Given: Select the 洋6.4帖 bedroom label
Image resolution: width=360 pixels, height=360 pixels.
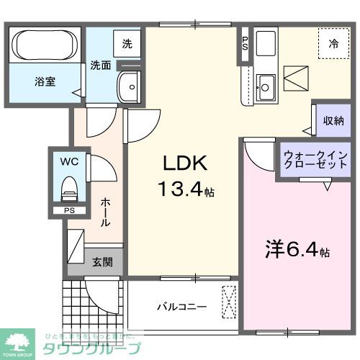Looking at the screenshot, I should tap(294, 251).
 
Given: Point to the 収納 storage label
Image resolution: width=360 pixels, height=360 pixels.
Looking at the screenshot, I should tap(332, 120).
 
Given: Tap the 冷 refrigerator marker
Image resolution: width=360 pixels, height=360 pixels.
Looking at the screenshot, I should tap(333, 44).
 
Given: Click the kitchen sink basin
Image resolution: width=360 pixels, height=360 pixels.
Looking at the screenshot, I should tap(264, 86).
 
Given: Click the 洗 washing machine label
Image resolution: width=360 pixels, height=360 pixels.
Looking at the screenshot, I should tap(127, 43).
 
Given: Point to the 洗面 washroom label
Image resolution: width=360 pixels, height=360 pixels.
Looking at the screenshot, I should tap(100, 65).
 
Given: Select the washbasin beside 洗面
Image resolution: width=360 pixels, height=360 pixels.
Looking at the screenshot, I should tap(130, 87).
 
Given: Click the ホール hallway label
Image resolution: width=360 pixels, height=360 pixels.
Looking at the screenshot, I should tap(105, 212).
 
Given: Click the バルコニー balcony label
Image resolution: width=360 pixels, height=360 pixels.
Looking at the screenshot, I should tap(182, 307).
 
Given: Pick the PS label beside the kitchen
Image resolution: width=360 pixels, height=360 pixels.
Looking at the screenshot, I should tap(245, 43).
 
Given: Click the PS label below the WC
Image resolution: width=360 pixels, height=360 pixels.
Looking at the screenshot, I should tap(69, 212).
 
